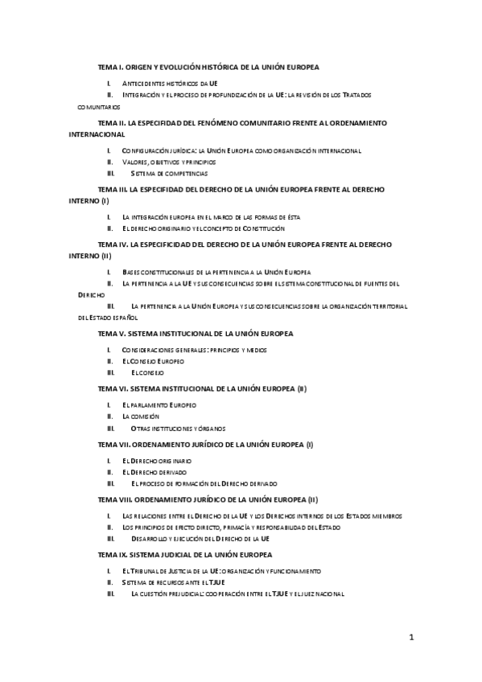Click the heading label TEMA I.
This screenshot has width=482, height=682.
pyautogui.click(x=109, y=68)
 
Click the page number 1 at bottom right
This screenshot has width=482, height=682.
pyautogui.click(x=411, y=639)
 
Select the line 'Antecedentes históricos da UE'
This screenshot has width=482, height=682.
pyautogui.click(x=170, y=83)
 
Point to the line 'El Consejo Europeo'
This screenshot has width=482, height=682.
pyautogui.click(x=153, y=361)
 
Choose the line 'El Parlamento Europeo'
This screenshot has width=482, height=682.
pyautogui.click(x=159, y=405)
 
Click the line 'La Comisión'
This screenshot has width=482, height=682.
pyautogui.click(x=141, y=417)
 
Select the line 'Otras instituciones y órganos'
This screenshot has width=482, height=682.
pyautogui.click(x=178, y=428)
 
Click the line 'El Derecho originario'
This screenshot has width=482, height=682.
pyautogui.click(x=157, y=460)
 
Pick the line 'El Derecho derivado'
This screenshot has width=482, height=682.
pyautogui.click(x=154, y=471)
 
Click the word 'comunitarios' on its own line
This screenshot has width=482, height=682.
pyautogui.click(x=100, y=105)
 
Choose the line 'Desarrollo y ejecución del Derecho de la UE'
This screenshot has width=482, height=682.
pyautogui.click(x=200, y=539)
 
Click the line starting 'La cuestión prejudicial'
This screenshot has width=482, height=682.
pyautogui.click(x=237, y=594)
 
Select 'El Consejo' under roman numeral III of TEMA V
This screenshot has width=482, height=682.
pyautogui.click(x=147, y=372)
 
